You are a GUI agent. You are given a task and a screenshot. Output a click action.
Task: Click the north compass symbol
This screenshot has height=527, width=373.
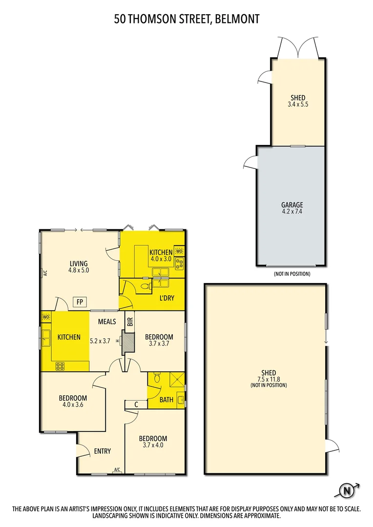347,490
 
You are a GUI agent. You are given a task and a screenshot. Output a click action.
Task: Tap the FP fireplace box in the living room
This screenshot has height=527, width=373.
79,302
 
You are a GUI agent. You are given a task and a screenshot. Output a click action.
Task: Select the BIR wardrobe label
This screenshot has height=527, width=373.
130,322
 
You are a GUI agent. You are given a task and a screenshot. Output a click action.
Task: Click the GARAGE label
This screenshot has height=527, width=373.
292,205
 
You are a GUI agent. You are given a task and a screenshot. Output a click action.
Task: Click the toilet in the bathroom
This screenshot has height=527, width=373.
156,379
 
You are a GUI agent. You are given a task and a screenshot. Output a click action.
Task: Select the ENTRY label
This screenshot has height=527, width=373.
103,451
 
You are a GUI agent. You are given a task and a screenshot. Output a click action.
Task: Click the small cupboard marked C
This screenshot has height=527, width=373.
136,405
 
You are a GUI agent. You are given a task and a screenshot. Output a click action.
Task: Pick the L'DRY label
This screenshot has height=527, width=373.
167,298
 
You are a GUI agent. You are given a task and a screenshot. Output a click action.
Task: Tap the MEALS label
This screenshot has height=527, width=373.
107,322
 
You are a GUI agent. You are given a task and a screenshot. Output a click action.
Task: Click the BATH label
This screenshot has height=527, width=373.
167,400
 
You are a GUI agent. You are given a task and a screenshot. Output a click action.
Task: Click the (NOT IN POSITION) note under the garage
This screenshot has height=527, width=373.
292,274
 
